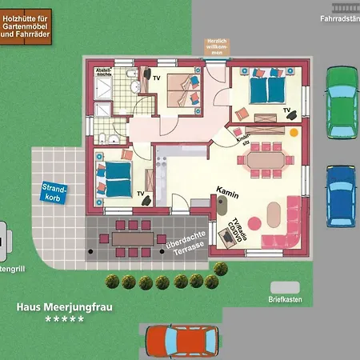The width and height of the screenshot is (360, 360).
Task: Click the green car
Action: click(x=342, y=103)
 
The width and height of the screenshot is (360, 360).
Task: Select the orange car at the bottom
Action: click(x=182, y=342)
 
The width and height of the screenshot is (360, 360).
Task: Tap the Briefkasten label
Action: click(x=287, y=300)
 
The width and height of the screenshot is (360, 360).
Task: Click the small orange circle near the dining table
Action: click(x=294, y=130)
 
